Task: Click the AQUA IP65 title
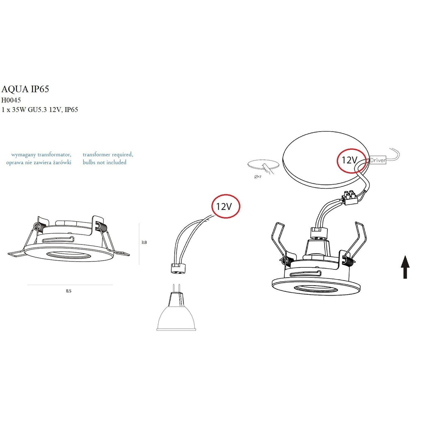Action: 25,89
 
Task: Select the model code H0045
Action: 11,100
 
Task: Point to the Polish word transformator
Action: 54,155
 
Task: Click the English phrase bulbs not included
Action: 105,162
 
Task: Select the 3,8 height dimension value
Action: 144,242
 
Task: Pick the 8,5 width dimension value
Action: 68,291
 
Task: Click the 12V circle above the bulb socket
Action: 226,206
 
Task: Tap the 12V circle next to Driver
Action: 352,161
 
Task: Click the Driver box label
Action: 378,160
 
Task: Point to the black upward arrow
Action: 405,267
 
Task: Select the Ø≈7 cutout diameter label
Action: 258,177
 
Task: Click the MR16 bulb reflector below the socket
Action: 176,318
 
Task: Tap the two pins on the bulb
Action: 176,288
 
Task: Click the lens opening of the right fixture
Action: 316,289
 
